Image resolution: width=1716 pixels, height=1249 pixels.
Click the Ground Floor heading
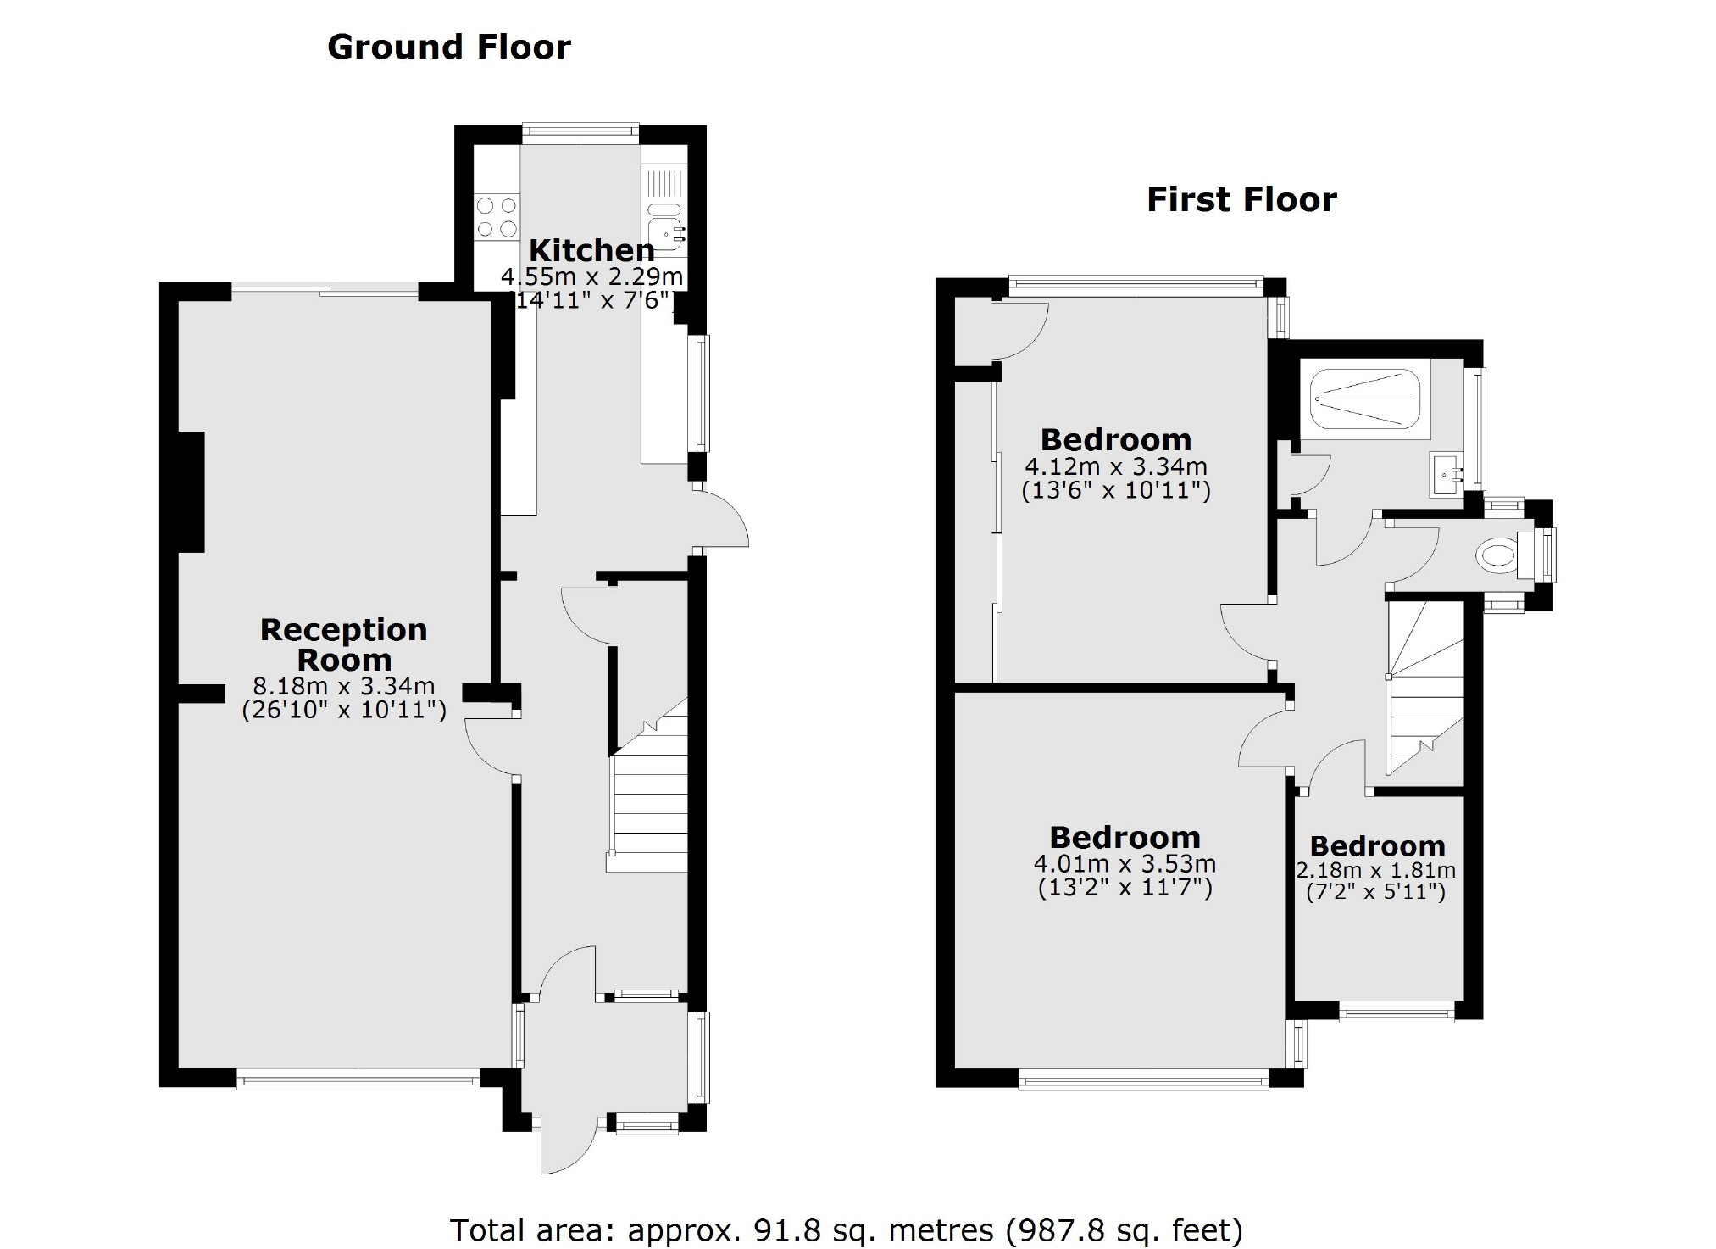tap(448, 47)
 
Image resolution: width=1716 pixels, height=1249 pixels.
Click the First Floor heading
tap(1241, 200)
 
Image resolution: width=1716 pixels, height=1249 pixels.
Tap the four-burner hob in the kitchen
tap(497, 216)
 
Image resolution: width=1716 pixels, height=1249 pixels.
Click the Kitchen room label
tap(591, 250)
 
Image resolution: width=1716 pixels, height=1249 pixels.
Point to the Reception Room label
tap(343, 644)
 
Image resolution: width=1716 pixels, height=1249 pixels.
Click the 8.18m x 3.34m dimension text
tap(343, 686)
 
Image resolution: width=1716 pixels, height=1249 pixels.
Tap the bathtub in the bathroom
tap(1364, 399)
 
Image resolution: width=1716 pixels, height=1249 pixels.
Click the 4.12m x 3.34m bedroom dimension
tap(1115, 466)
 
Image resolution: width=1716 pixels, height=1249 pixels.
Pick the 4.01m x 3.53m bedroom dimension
tap(1125, 864)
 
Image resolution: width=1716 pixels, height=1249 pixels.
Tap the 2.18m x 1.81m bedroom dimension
tap(1376, 870)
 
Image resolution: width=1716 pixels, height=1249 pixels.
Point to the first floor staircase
tap(1424, 687)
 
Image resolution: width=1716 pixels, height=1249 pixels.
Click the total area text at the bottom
tap(846, 1229)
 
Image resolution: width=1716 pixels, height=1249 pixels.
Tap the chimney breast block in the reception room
tap(191, 492)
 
